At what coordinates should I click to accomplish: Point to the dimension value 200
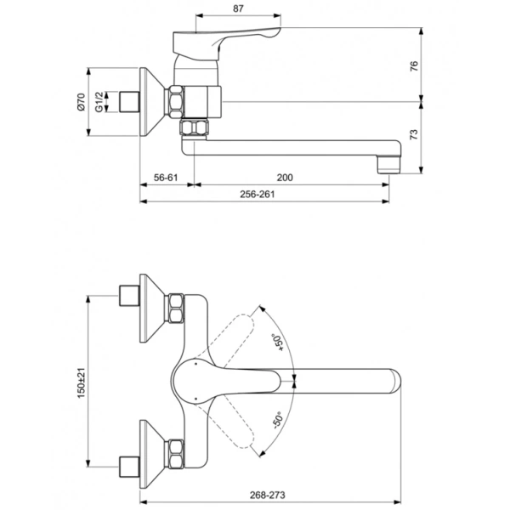285,178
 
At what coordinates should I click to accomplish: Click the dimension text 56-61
166,178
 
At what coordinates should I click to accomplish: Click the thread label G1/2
99,103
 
